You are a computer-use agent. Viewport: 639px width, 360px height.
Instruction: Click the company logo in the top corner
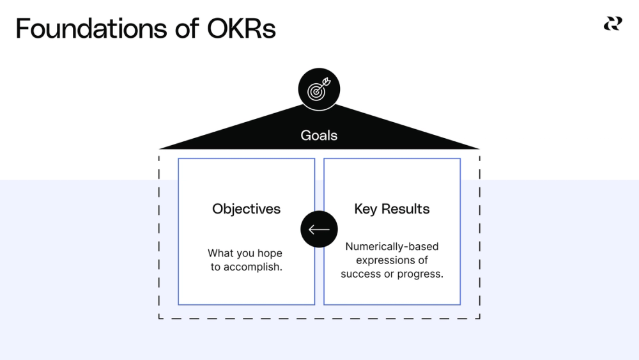(612, 24)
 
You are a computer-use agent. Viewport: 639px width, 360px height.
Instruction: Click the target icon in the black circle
(319, 91)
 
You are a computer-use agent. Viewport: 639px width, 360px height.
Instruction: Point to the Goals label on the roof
(319, 136)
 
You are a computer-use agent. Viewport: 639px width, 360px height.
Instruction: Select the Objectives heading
(246, 209)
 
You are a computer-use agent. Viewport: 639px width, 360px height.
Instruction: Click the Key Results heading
(392, 209)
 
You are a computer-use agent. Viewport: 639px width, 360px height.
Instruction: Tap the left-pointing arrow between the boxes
(319, 230)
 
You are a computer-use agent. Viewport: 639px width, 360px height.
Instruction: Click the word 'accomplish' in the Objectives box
(254, 267)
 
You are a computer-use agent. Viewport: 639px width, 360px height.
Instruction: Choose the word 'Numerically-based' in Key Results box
(392, 246)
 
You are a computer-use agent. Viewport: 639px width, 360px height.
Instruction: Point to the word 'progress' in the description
(421, 274)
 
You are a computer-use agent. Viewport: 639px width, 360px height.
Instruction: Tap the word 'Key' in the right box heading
(366, 209)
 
